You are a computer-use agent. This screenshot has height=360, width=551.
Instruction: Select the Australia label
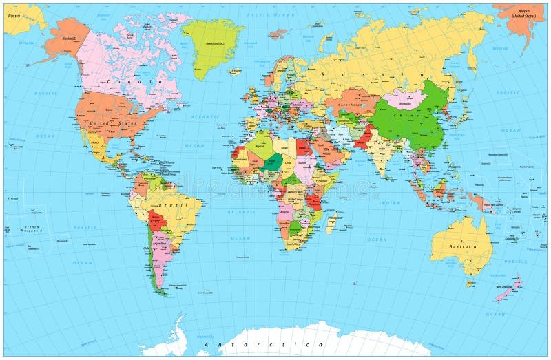(462, 246)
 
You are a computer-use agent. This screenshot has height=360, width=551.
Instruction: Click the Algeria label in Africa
(260, 146)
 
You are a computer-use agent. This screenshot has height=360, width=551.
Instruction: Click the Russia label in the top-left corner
(14, 14)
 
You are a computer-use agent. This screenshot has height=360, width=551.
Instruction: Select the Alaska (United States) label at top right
(523, 17)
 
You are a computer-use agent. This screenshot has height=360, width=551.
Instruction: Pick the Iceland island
(236, 70)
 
